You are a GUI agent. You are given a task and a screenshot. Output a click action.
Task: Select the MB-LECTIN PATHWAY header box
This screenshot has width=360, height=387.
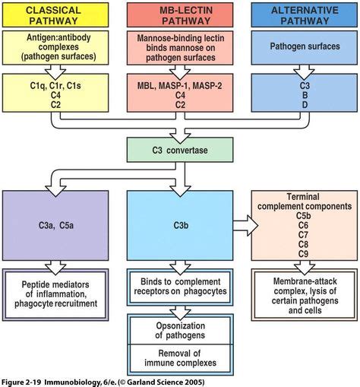(x=179, y=14)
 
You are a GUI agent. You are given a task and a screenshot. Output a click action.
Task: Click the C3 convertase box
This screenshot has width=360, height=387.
(x=179, y=149)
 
